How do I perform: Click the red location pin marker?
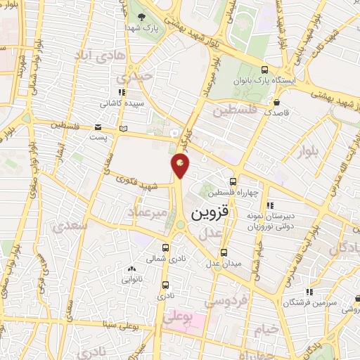(x=181, y=166)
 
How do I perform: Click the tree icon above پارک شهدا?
(x=143, y=16)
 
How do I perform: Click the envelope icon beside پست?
(x=99, y=127)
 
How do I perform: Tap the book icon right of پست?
(x=124, y=128)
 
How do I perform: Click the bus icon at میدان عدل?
(x=224, y=252)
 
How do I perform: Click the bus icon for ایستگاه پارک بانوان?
(x=264, y=70)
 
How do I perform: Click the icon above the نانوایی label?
(x=131, y=268)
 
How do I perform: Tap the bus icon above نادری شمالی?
(x=166, y=247)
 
